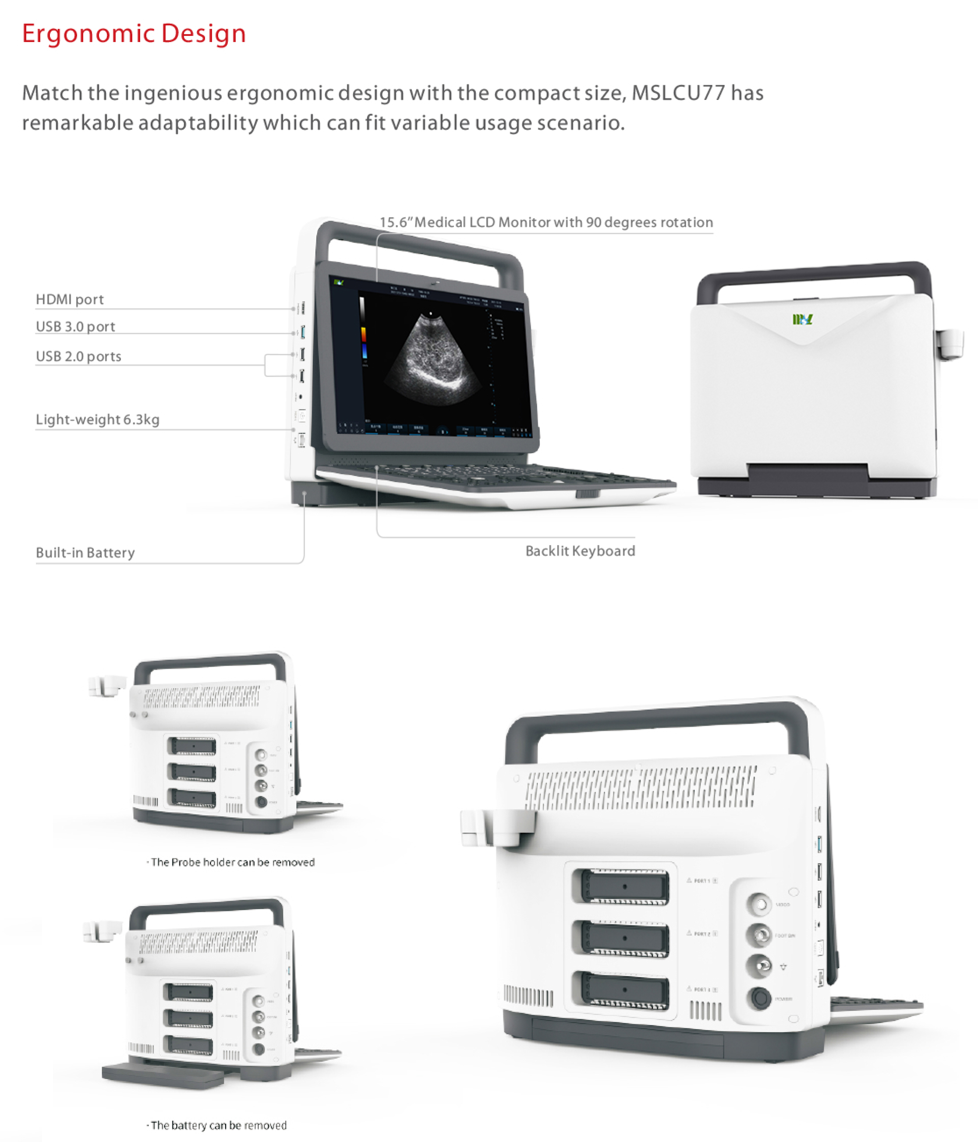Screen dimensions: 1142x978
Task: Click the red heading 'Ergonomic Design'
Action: coord(134,34)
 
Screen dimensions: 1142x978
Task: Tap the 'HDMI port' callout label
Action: coord(69,299)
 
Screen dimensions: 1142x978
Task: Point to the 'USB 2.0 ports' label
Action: coord(78,356)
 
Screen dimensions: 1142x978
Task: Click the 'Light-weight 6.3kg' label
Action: coord(98,420)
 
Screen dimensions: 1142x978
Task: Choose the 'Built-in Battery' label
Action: coord(85,552)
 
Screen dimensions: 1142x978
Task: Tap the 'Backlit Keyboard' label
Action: coord(580,551)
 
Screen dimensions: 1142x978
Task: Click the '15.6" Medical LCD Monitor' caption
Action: coord(546,222)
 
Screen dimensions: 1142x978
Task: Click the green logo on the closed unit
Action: coord(802,319)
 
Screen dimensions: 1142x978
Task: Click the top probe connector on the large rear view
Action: coord(624,887)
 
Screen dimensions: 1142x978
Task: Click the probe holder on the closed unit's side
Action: coord(950,343)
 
